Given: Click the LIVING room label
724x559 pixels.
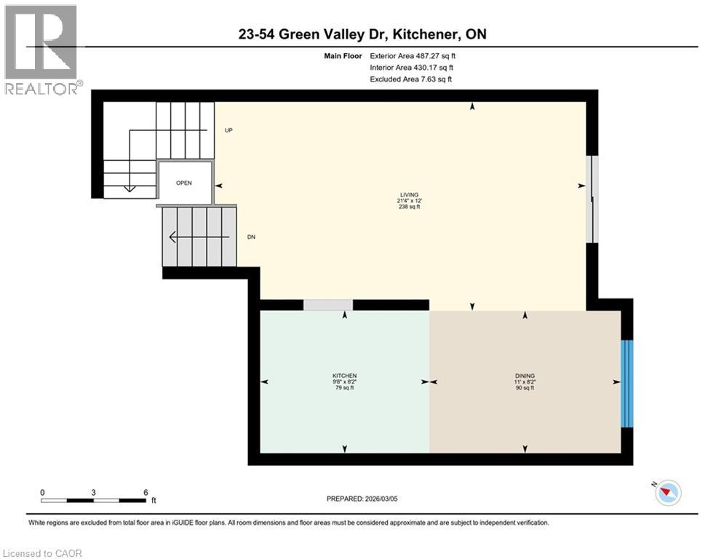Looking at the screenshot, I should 408,194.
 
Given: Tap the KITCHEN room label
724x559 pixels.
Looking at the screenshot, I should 345,376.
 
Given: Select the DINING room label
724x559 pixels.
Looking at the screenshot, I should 525,376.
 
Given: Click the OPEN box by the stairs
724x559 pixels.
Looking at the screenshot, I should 184,183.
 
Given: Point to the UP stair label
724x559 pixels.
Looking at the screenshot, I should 228,130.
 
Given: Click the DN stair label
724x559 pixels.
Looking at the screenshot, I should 251,237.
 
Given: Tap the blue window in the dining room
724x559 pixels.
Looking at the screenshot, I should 626,383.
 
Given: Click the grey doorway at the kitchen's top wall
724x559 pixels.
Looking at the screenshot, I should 328,305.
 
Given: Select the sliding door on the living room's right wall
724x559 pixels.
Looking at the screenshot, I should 592,199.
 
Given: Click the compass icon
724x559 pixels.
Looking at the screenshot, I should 667,493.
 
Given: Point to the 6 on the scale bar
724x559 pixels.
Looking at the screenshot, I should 146,492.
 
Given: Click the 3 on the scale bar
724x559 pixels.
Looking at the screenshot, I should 94,492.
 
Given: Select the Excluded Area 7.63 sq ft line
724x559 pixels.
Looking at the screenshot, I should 411,79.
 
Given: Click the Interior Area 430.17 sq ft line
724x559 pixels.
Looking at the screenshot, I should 413,67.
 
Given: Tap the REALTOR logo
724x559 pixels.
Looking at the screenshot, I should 41,49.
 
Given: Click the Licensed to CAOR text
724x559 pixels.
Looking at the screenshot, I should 43,553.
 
